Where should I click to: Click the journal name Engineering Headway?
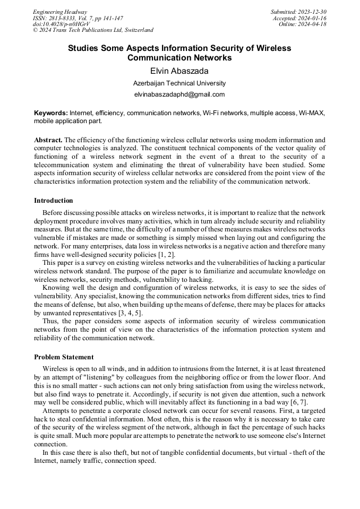[60, 12]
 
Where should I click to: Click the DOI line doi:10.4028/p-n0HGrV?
[54, 24]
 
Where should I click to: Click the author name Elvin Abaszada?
[179, 71]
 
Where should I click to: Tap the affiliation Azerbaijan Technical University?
[179, 83]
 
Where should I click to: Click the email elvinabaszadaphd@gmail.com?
[179, 94]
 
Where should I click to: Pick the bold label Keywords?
[51, 113]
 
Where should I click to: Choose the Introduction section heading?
[54, 201]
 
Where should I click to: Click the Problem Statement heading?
[64, 357]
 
